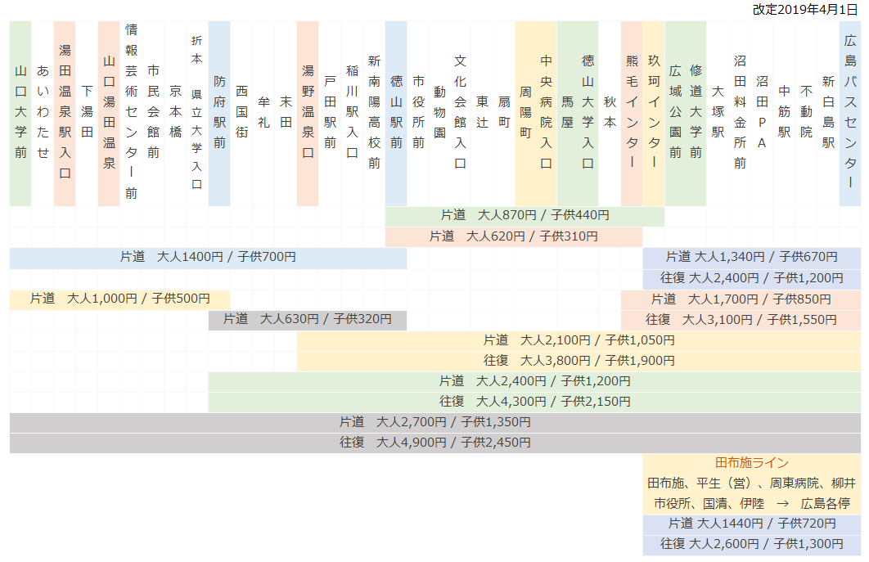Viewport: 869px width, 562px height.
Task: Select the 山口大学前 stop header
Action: (20, 112)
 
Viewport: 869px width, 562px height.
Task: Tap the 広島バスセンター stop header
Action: (849, 112)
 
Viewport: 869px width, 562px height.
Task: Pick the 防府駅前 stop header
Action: (219, 112)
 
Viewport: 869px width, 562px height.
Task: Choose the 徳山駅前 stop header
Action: (396, 112)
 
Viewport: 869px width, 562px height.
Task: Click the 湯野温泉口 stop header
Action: (308, 112)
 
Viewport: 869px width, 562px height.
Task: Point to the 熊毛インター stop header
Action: (632, 112)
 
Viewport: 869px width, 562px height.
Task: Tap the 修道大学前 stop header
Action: (696, 112)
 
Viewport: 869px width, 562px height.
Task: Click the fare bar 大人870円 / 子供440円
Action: (525, 215)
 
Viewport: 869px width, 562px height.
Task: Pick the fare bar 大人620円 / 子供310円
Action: (513, 236)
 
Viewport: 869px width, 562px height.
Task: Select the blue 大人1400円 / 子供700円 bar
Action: (208, 257)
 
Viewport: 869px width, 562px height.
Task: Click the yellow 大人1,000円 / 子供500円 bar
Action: (120, 299)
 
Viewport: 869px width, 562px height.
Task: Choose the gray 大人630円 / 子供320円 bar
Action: (307, 319)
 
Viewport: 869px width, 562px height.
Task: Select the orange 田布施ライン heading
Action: (751, 463)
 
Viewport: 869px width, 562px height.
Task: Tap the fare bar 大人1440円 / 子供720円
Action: (751, 524)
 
